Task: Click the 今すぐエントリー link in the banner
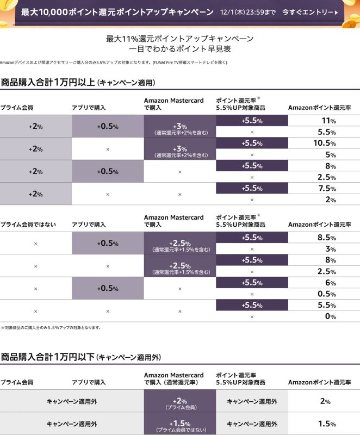[x=309, y=11]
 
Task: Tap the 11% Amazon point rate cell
[x=326, y=121]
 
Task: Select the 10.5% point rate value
[x=326, y=143]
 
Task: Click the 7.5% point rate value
[x=326, y=188]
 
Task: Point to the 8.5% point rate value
[x=326, y=237]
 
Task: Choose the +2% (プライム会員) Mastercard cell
[x=179, y=402]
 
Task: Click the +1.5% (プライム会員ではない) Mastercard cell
[x=179, y=425]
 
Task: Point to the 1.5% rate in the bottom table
[x=326, y=424]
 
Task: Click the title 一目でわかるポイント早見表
[x=180, y=49]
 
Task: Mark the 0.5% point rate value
[x=326, y=294]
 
